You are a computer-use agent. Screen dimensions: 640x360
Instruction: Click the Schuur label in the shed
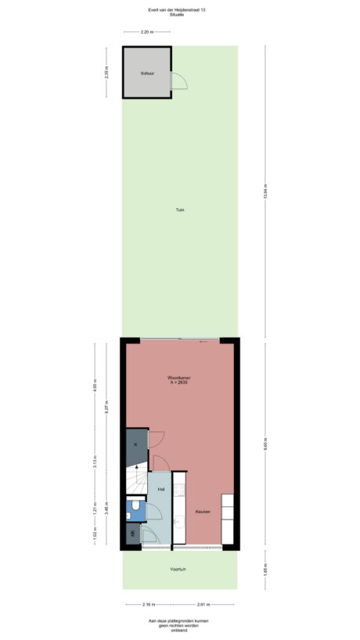pyautogui.click(x=146, y=73)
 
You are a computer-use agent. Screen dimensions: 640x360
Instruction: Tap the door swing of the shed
pyautogui.click(x=177, y=80)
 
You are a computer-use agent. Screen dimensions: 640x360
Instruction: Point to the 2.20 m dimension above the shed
pyautogui.click(x=146, y=33)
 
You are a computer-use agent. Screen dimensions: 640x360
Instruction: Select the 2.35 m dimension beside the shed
pyautogui.click(x=106, y=73)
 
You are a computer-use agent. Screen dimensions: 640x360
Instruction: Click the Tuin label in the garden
pyautogui.click(x=180, y=210)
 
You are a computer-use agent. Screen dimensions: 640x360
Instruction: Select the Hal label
pyautogui.click(x=160, y=489)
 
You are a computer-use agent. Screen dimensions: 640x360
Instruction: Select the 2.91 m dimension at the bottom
pyautogui.click(x=204, y=605)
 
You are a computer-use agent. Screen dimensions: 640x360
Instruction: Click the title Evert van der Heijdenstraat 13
pyautogui.click(x=180, y=10)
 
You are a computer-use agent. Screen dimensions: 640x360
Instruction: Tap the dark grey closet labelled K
pyautogui.click(x=136, y=445)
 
